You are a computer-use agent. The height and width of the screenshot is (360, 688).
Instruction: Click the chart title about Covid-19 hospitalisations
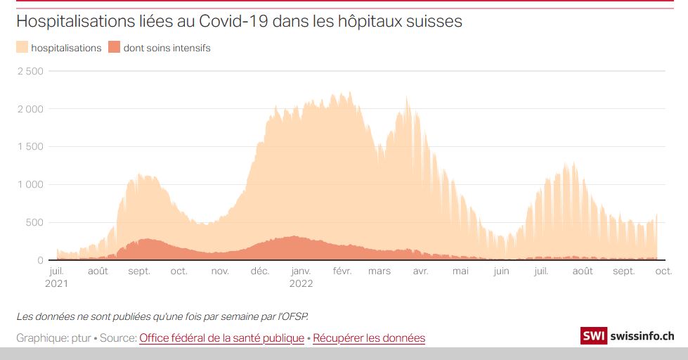point(239,21)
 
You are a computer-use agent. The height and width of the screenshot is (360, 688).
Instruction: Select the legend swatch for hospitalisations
point(22,48)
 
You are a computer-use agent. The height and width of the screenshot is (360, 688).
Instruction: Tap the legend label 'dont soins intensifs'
point(167,48)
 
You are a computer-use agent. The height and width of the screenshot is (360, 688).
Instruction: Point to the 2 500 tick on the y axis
point(30,71)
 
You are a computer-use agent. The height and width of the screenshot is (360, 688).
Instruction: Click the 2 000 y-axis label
point(30,109)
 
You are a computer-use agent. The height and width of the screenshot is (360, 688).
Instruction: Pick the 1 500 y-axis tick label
point(30,147)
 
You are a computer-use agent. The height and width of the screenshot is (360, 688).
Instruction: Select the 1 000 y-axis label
point(30,185)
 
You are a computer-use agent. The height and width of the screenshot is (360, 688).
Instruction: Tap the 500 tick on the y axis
point(35,223)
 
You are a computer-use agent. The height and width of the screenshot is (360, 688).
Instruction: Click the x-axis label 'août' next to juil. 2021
point(98,271)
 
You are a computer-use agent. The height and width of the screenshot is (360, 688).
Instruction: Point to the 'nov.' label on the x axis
point(220,271)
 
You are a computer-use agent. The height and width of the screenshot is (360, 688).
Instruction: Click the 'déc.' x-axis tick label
point(260,271)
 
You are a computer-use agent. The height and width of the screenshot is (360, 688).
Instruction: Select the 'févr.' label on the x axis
point(342,271)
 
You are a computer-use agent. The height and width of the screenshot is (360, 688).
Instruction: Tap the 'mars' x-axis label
point(379,271)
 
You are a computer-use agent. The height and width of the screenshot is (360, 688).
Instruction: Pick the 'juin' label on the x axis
point(501,271)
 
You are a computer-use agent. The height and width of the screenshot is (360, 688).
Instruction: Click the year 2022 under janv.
point(301,284)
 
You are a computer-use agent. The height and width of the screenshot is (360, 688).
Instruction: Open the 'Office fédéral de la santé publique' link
point(221,338)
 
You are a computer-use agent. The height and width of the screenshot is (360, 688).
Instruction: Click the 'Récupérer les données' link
point(369,338)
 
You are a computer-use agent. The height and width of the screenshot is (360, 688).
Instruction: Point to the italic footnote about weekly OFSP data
point(162,315)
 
